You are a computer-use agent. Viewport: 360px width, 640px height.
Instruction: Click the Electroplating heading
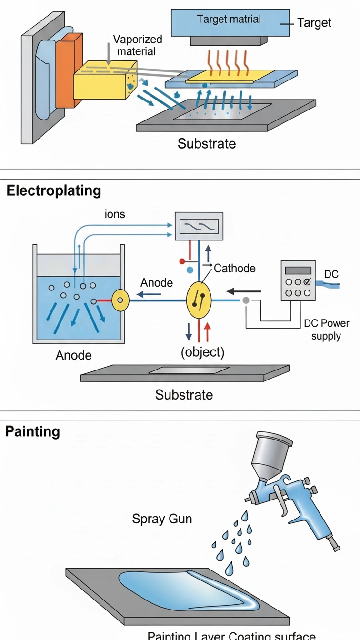pos(53,190)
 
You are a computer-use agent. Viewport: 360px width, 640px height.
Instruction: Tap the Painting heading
pos(32,431)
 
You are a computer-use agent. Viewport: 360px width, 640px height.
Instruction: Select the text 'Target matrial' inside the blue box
pos(229,20)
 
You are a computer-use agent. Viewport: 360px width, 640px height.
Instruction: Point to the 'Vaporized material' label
pos(137,45)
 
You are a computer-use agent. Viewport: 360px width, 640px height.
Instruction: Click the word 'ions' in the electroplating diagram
pos(115,214)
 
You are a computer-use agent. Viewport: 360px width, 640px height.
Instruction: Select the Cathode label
pos(234,268)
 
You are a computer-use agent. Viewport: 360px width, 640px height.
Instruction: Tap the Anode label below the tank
pos(74,355)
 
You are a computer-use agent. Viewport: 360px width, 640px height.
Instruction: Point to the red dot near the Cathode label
pos(181,261)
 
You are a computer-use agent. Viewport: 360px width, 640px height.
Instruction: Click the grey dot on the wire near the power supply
pos(246,300)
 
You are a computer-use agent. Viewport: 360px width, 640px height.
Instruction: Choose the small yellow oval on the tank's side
pos(120,300)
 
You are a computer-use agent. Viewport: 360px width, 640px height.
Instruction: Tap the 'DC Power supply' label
pos(326,330)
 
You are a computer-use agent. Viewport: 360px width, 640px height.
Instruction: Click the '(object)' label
pos(202,352)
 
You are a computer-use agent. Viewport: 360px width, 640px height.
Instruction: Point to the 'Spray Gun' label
pos(162,519)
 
